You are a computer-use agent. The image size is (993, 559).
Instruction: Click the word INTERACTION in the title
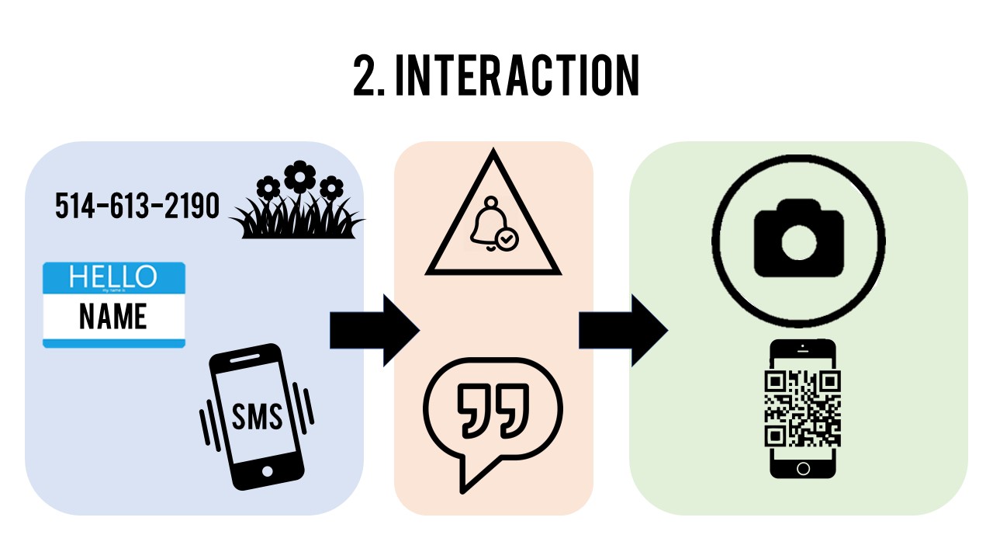(517, 76)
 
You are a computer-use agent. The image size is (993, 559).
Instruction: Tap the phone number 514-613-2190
(137, 206)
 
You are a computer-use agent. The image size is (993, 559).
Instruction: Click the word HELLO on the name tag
(113, 276)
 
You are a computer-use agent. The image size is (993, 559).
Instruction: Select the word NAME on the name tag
(113, 317)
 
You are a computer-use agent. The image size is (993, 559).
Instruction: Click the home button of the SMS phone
(268, 471)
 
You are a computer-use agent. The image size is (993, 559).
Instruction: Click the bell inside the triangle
(486, 225)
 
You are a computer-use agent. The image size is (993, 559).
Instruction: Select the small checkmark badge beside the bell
(507, 239)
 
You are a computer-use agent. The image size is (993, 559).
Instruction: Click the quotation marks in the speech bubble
(493, 409)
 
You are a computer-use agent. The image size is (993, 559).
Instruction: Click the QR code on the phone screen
(803, 408)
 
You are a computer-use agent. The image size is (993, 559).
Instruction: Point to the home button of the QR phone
(803, 468)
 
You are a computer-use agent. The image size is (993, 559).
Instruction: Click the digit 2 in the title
(365, 76)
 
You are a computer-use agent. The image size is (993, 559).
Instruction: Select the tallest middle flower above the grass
(299, 177)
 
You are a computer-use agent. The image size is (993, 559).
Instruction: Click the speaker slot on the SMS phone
(245, 356)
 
